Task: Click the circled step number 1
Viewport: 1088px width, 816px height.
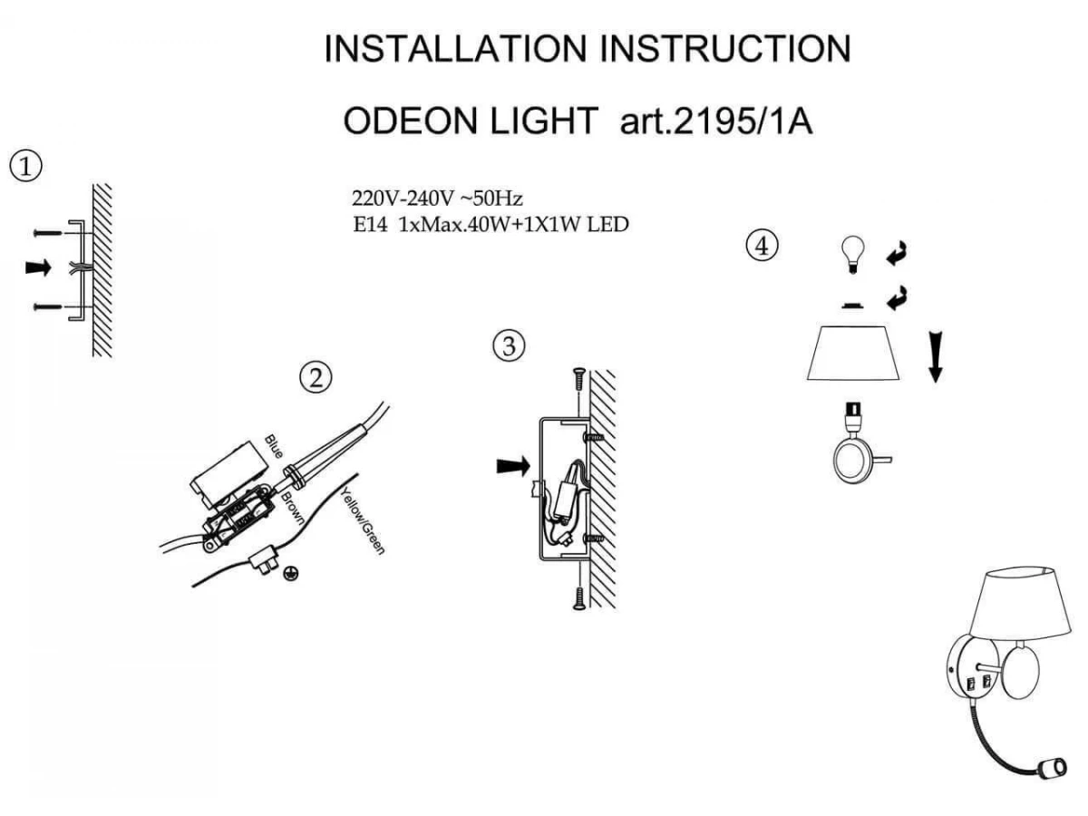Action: pyautogui.click(x=25, y=166)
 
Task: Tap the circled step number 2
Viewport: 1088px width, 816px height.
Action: pyautogui.click(x=316, y=377)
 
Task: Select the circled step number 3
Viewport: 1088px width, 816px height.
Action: pyautogui.click(x=509, y=345)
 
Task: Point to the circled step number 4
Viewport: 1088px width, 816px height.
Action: pyautogui.click(x=763, y=246)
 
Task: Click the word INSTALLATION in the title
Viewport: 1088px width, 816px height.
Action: pyautogui.click(x=455, y=49)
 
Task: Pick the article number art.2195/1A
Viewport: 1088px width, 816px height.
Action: pyautogui.click(x=716, y=121)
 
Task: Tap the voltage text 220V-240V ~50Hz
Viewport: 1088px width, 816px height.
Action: pyautogui.click(x=437, y=199)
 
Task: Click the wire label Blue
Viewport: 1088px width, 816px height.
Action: pyautogui.click(x=274, y=446)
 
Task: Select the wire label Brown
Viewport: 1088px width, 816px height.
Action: pyautogui.click(x=293, y=508)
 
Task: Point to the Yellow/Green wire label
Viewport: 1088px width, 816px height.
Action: pyautogui.click(x=363, y=520)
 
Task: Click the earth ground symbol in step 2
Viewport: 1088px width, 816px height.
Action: pyautogui.click(x=291, y=574)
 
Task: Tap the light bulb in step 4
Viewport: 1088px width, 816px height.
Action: pyautogui.click(x=853, y=255)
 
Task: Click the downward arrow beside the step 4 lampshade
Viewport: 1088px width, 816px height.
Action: pyautogui.click(x=936, y=357)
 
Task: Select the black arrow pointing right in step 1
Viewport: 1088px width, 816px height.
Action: pyautogui.click(x=38, y=267)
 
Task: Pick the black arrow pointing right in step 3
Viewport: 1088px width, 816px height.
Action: pyautogui.click(x=513, y=466)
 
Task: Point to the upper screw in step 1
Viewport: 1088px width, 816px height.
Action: pyautogui.click(x=47, y=233)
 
